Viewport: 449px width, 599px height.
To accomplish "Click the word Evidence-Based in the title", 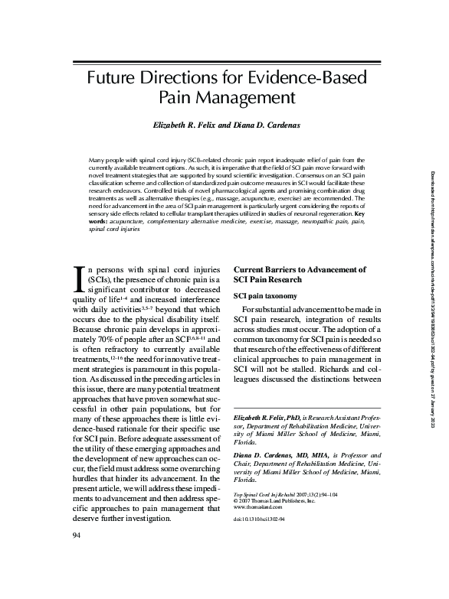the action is coord(313,78).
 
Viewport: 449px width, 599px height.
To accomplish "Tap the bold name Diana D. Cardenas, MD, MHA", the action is coord(283,476).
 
